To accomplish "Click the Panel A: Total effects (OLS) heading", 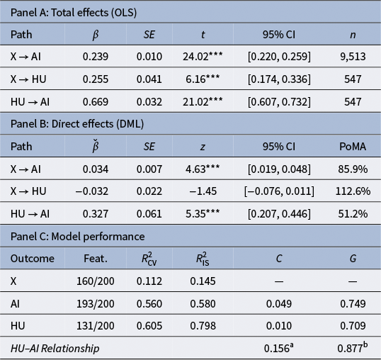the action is click(x=74, y=13).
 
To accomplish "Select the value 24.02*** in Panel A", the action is click(x=203, y=57).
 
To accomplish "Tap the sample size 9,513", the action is click(x=353, y=57).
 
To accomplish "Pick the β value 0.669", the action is click(x=96, y=102).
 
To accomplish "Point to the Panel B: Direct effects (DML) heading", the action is click(x=77, y=124).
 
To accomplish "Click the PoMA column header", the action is click(x=353, y=147).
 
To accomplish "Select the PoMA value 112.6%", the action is click(x=353, y=191).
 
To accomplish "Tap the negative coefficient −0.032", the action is click(x=92, y=191).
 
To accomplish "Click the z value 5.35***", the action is click(x=203, y=214).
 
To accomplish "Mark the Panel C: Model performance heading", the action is click(x=77, y=237).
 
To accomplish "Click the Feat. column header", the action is click(x=96, y=259).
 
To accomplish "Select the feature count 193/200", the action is click(x=96, y=304).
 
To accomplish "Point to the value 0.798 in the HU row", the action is click(x=203, y=326).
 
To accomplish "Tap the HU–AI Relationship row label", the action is click(x=55, y=349).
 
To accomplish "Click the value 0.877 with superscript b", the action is click(x=353, y=348).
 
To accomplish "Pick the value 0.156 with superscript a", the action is click(x=279, y=348).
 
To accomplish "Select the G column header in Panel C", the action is click(x=353, y=259).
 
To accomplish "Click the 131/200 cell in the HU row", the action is click(x=96, y=326).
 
